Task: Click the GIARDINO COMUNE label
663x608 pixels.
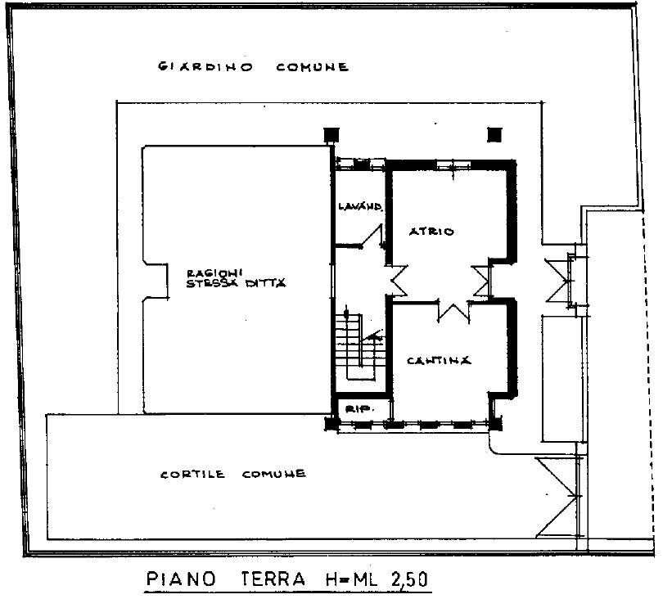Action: (x=254, y=67)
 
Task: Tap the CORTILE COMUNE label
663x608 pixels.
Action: (x=233, y=474)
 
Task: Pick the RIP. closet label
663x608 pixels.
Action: (x=354, y=408)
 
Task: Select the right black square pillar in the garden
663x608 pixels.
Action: (x=493, y=135)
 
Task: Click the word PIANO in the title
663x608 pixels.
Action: (x=182, y=580)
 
